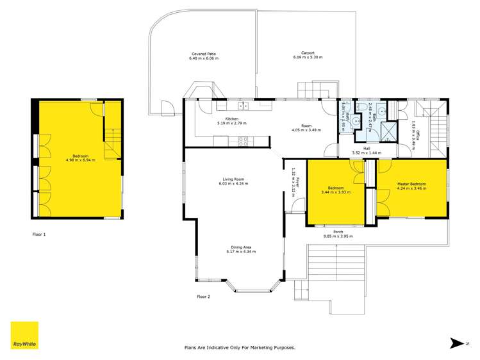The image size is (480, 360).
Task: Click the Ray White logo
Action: point(24,336)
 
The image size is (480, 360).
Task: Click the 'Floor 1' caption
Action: point(40,234)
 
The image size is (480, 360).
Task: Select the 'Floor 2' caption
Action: point(203,297)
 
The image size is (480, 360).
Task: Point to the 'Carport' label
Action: point(308,54)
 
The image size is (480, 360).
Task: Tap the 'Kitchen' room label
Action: point(231,119)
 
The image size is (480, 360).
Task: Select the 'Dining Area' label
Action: point(241,247)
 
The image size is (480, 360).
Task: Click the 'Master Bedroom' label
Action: point(411,184)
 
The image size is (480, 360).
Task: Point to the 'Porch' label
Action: point(338,231)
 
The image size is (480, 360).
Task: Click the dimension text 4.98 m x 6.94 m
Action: point(80,160)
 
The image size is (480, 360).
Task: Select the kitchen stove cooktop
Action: point(244,141)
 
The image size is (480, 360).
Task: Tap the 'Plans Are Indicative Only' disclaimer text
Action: point(240,347)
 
